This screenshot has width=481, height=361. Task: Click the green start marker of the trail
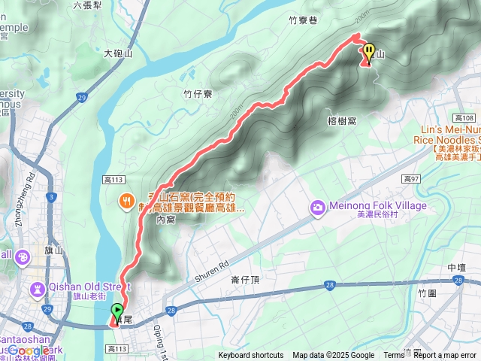(117, 311)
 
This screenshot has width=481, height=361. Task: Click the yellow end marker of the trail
(369, 52)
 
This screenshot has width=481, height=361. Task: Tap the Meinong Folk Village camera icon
(319, 206)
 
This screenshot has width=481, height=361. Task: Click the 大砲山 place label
(118, 53)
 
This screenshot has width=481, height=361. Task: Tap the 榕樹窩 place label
(342, 120)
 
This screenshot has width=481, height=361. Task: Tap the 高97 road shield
(410, 178)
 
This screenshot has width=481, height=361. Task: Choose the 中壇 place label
(456, 268)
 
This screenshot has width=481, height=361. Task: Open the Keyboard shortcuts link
(251, 356)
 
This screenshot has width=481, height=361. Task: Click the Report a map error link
(445, 356)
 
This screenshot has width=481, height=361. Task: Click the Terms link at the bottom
(394, 356)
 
